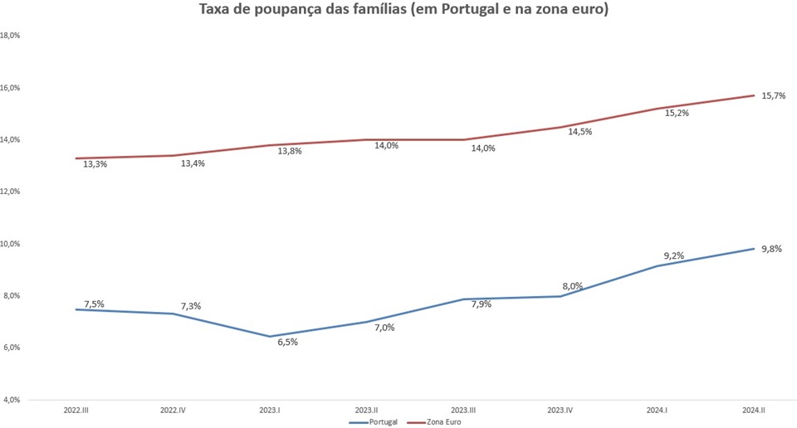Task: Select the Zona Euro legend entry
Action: pos(443,421)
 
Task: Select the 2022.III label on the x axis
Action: pos(77,411)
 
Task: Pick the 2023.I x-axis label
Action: pos(270,411)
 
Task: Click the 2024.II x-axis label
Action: pos(755,411)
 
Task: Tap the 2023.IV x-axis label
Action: pos(560,411)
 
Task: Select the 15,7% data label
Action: pos(774,96)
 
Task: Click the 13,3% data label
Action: pos(95,164)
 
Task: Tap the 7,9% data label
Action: pos(481,304)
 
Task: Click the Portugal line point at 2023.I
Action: pos(270,337)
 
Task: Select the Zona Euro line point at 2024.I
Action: pos(658,109)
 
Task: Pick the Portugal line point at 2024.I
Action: pos(658,265)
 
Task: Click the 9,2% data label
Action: pos(673,255)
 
